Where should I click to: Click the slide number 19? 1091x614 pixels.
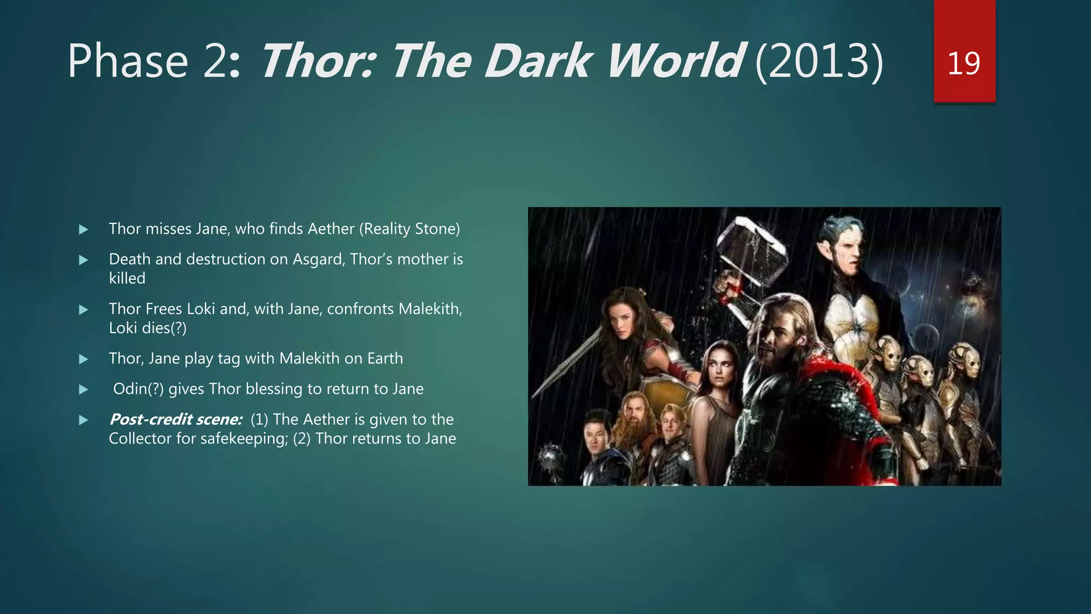point(964,63)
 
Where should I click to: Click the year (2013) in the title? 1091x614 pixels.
point(819,61)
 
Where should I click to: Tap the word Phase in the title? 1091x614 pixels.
point(128,61)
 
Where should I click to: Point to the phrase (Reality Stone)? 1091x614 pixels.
point(409,229)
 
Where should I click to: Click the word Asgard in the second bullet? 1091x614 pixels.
point(319,259)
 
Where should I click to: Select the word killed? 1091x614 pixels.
point(127,278)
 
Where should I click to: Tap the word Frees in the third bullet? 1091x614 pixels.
point(164,309)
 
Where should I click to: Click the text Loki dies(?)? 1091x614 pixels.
point(148,328)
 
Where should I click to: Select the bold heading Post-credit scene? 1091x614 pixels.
point(176,419)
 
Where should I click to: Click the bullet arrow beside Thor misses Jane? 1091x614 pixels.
point(84,230)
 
